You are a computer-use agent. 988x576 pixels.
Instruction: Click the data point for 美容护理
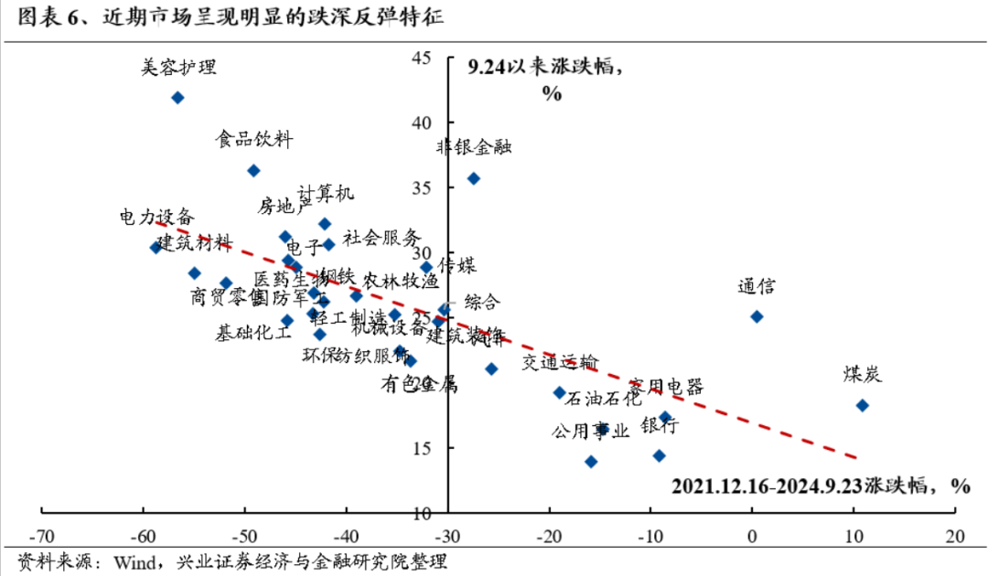click(x=177, y=98)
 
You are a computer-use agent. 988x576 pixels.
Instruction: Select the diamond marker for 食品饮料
click(x=253, y=171)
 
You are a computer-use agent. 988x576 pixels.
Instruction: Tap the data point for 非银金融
click(x=473, y=178)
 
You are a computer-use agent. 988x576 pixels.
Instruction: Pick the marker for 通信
click(x=757, y=316)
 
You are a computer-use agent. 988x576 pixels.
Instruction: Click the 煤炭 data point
click(x=862, y=405)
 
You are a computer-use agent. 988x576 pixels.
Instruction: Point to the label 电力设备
click(x=156, y=218)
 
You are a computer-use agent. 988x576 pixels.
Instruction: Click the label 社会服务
click(x=381, y=238)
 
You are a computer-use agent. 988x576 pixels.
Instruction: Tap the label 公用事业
click(x=590, y=432)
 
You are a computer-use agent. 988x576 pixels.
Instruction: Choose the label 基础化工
click(x=253, y=333)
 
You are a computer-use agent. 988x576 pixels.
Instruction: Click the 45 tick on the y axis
click(x=422, y=58)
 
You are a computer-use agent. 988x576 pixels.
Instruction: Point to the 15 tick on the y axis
click(x=422, y=448)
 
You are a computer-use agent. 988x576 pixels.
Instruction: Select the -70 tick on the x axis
click(x=42, y=536)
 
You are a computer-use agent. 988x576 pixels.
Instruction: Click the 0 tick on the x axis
click(x=752, y=536)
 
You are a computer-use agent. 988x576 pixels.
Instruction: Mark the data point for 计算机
click(x=324, y=224)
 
